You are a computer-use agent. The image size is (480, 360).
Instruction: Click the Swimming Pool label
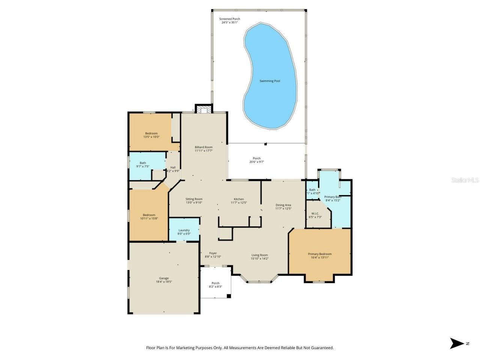click(270, 81)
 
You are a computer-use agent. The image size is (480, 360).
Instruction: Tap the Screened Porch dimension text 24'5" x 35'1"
click(229, 22)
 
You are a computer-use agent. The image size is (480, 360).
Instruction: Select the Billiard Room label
click(203, 147)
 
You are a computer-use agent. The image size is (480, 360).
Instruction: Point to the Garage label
click(164, 278)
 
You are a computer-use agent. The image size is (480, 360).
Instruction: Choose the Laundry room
click(184, 230)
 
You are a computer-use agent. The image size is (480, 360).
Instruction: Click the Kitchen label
click(239, 199)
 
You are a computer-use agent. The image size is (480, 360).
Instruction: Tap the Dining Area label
click(283, 205)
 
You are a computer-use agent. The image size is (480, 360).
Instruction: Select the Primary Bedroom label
click(319, 254)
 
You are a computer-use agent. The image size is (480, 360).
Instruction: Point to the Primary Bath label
click(333, 197)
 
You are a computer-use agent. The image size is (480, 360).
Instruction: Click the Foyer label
click(213, 253)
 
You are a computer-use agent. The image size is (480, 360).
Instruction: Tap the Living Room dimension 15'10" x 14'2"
click(259, 258)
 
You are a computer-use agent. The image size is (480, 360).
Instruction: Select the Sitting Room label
click(194, 199)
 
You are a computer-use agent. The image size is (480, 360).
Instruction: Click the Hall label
click(173, 167)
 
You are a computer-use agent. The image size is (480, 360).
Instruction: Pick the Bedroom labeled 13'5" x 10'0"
click(151, 133)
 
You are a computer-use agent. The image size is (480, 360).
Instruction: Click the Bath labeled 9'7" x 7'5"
click(143, 163)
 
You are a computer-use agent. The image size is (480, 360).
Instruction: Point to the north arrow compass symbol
click(457, 343)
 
